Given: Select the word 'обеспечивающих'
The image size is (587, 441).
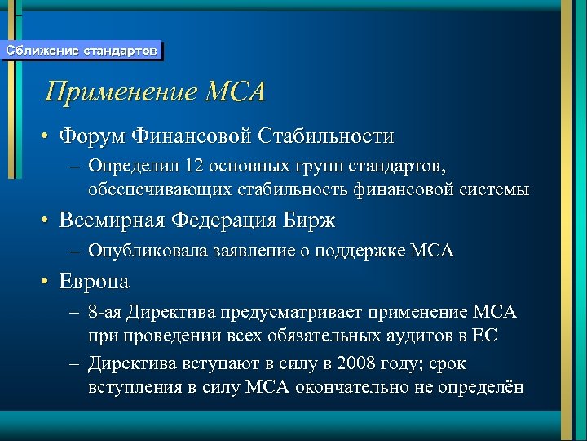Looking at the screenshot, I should point(154,189).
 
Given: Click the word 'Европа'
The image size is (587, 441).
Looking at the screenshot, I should point(94,282).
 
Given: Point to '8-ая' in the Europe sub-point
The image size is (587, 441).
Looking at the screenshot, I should point(106,313).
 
